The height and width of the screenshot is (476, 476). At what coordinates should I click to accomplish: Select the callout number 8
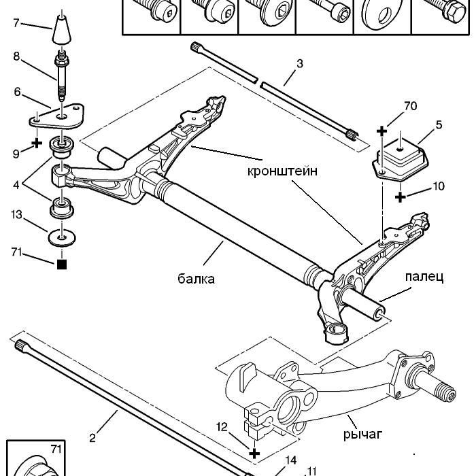(16, 57)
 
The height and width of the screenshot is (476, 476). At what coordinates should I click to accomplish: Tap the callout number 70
(409, 106)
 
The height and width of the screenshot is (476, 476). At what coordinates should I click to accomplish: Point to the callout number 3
(299, 64)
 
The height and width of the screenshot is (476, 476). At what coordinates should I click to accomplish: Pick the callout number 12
(222, 426)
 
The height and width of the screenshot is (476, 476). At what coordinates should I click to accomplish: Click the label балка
(196, 278)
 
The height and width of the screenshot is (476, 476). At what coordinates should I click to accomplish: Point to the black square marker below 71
(62, 265)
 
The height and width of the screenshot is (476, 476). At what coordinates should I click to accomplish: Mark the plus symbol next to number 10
(401, 196)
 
